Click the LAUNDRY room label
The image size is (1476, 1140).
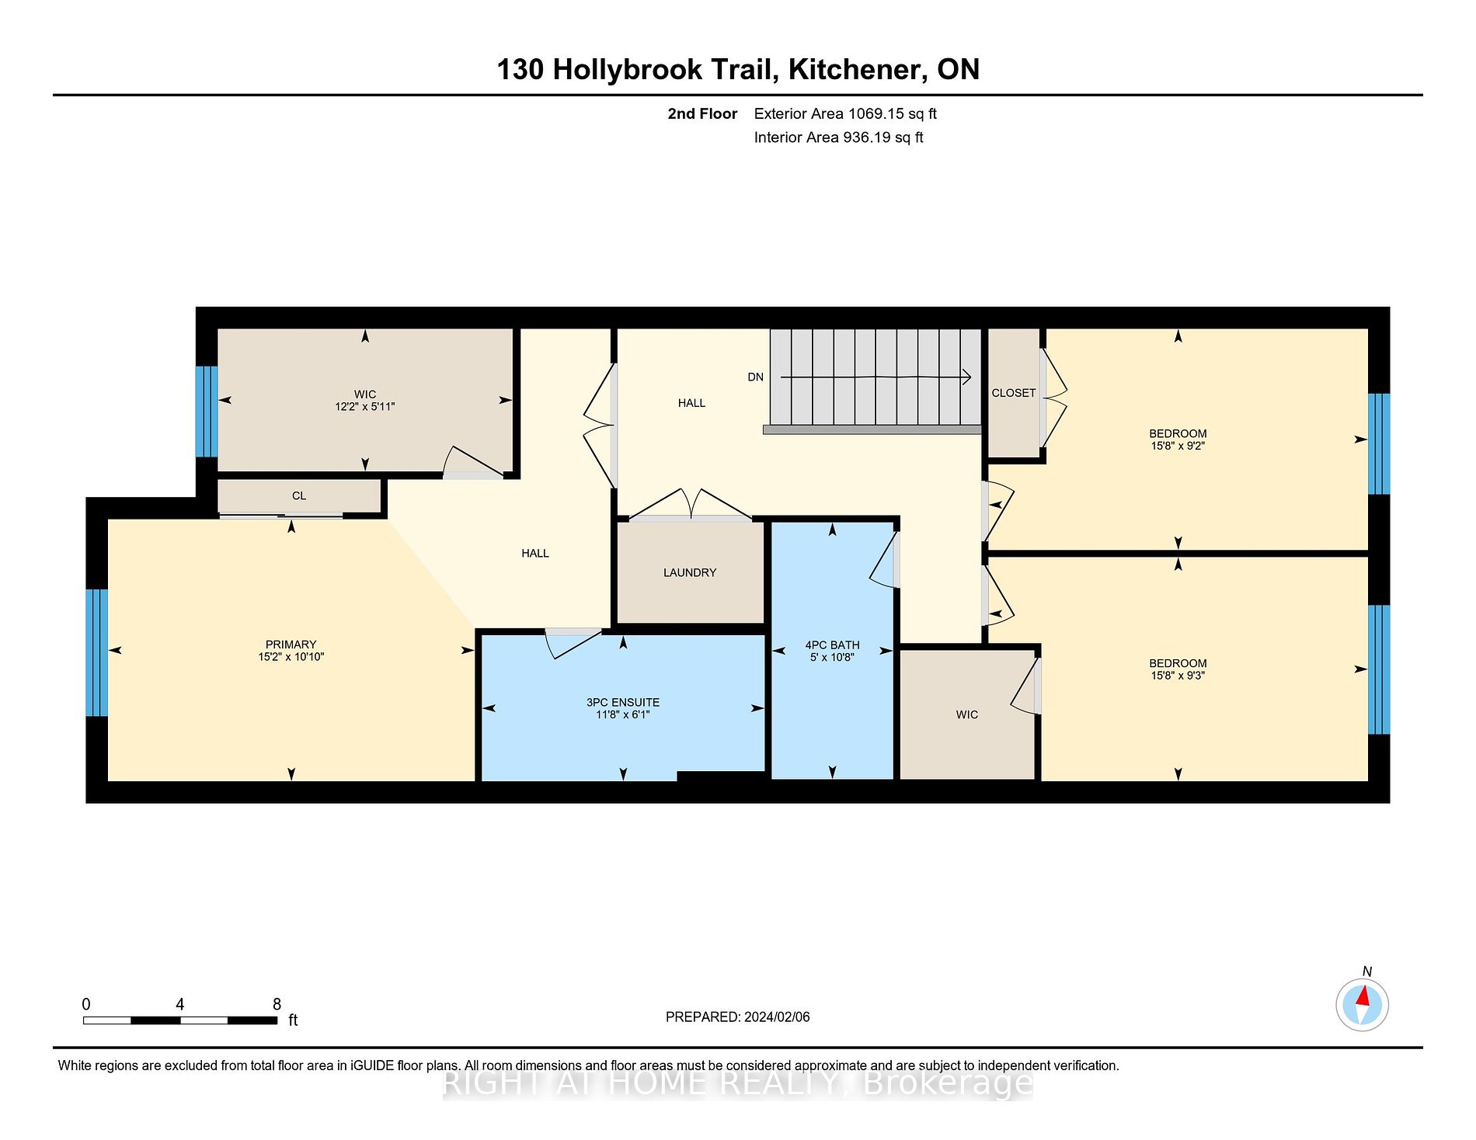click(689, 572)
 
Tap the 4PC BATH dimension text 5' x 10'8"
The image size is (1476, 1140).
click(832, 658)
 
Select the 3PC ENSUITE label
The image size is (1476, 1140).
click(623, 702)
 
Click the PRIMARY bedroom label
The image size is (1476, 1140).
click(291, 645)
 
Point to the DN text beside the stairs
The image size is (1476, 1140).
click(755, 377)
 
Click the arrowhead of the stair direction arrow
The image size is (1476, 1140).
click(967, 377)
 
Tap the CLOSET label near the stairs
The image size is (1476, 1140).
click(1013, 393)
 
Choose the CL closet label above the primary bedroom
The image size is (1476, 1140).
click(299, 495)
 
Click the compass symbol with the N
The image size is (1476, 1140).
click(1362, 1005)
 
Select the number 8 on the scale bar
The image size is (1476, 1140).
click(277, 1004)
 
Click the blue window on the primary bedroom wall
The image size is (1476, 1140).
click(97, 652)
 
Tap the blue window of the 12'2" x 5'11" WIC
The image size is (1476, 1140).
click(207, 411)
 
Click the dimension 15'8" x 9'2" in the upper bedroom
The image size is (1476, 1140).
click(1178, 447)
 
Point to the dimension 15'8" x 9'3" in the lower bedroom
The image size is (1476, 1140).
click(1178, 676)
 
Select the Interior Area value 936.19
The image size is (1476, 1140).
click(865, 137)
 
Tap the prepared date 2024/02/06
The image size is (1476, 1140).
click(776, 1017)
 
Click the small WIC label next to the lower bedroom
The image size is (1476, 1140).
click(966, 714)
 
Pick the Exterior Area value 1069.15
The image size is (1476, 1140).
click(876, 114)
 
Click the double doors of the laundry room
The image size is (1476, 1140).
click(690, 506)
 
